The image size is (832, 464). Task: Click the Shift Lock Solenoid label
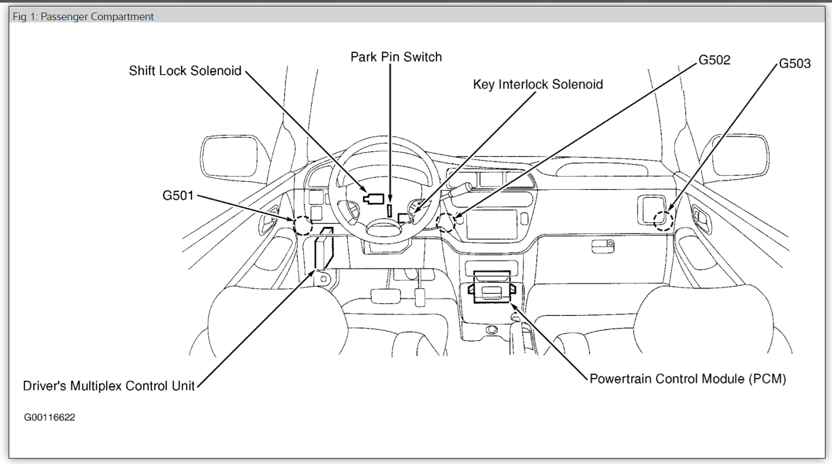coord(185,71)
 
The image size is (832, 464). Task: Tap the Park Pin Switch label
coord(396,57)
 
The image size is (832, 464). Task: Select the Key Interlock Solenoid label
coord(538,84)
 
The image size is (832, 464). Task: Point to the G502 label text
coord(714,60)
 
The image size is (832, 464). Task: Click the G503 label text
coord(794,64)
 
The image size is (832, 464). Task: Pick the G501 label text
coord(178,195)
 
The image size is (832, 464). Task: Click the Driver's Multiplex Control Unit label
coord(108,386)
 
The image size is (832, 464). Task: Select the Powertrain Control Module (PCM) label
coord(688,379)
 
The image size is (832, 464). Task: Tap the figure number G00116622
coord(50,417)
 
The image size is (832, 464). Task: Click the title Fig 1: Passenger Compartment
coord(83,17)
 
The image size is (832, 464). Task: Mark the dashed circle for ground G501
coord(303,225)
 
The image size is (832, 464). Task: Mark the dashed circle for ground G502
coord(446,222)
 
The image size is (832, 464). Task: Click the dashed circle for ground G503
coord(663,220)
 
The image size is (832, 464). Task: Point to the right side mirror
coord(742,156)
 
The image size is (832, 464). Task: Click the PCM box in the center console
coord(492,287)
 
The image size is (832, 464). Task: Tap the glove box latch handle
coord(603,246)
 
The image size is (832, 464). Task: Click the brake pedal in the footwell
coord(385,296)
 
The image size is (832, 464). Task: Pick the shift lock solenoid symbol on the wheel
coord(374,199)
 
